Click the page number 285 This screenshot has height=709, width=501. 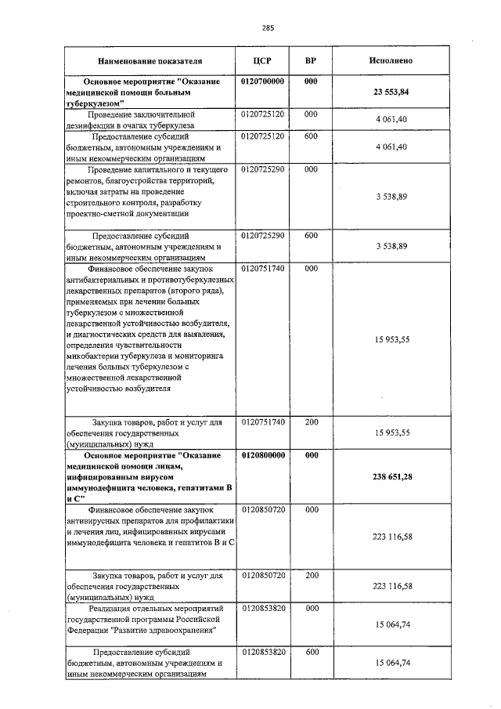pyautogui.click(x=268, y=28)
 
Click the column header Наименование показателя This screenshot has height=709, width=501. pyautogui.click(x=150, y=60)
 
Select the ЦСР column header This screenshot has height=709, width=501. pyautogui.click(x=262, y=60)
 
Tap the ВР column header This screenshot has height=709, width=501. pyautogui.click(x=311, y=60)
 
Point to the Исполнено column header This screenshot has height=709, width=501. pyautogui.click(x=391, y=60)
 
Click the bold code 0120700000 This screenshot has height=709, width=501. pyautogui.click(x=262, y=81)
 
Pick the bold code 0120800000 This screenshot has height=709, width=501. pyautogui.click(x=262, y=454)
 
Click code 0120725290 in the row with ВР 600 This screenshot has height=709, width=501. pyautogui.click(x=262, y=235)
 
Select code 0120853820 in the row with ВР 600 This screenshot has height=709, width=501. pyautogui.click(x=262, y=652)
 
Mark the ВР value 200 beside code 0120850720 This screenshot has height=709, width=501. pyautogui.click(x=311, y=575)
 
